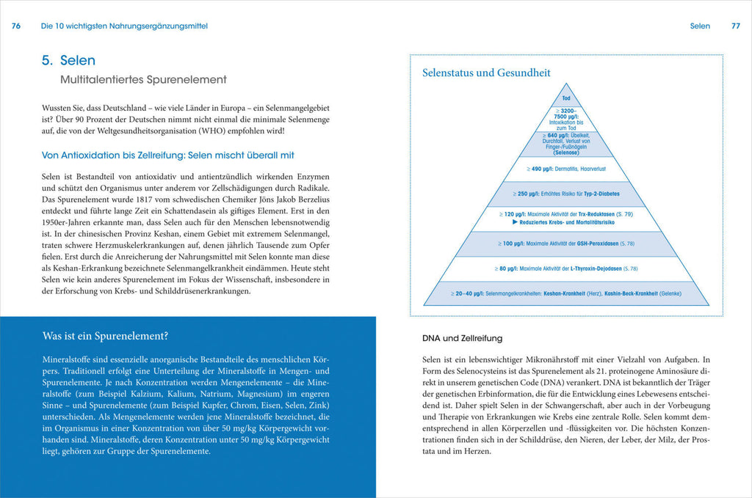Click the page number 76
pos(16,26)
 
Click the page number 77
pos(735,26)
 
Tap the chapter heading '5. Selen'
pos(68,61)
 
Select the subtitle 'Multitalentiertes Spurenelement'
pos(143,79)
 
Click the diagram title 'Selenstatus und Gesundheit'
pos(486,73)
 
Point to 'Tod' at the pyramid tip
pos(566,98)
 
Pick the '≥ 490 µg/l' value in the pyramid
pos(541,169)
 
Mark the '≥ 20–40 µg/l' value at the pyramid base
pos(468,293)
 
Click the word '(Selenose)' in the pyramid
pos(566,152)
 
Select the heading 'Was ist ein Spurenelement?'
pos(105,337)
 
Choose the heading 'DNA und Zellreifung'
pos(463,338)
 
